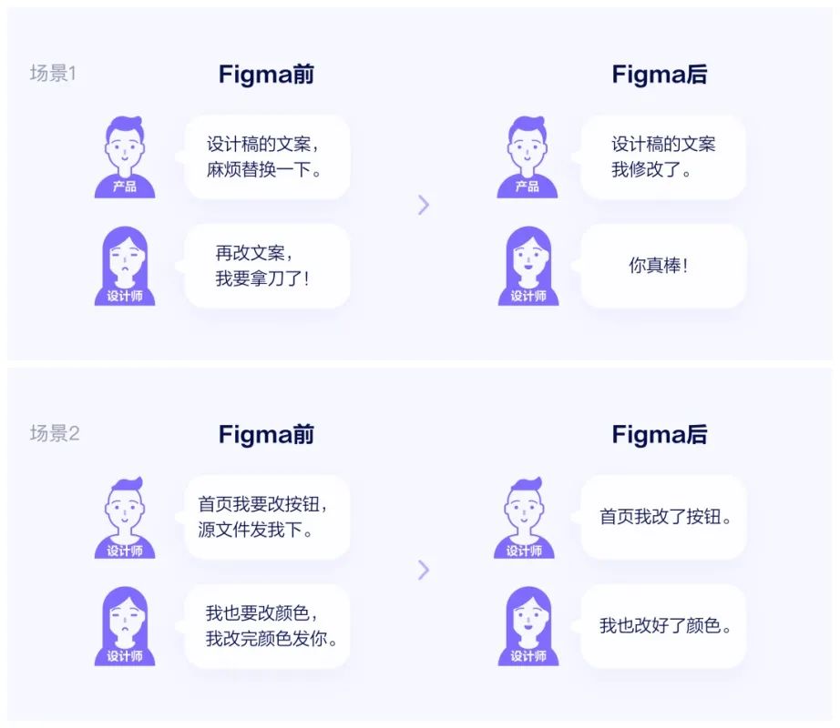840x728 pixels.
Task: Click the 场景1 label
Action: [x=53, y=74]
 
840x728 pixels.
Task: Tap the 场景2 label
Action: [x=54, y=433]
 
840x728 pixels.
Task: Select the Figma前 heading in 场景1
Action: [x=266, y=75]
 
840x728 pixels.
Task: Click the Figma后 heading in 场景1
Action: [x=660, y=75]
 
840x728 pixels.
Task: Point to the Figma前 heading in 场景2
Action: [x=266, y=434]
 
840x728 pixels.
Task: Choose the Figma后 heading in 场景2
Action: [x=660, y=434]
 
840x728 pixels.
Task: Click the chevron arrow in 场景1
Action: [x=424, y=205]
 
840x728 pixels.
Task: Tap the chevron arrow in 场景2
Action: [x=424, y=571]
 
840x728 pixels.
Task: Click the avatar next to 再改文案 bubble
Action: [x=125, y=266]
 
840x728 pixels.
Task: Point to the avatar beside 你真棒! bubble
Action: [x=528, y=266]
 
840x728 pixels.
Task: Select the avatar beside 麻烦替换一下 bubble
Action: [x=125, y=157]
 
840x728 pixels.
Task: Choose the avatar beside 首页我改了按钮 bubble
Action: [x=524, y=517]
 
